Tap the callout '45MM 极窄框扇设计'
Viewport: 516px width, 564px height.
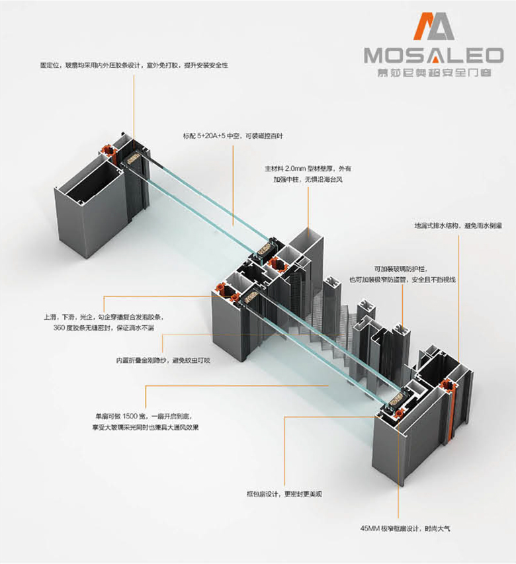click(x=404, y=528)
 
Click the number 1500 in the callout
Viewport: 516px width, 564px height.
click(x=128, y=417)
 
